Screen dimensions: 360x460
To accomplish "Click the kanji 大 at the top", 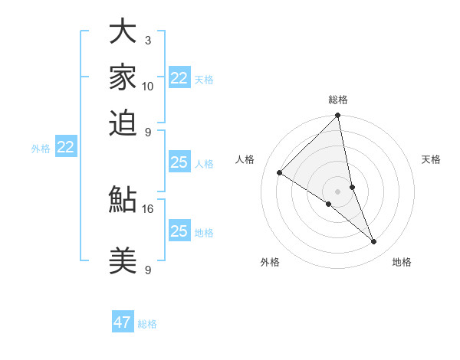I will [123, 32].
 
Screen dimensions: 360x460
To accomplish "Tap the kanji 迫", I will [123, 123].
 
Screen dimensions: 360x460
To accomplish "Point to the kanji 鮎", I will [123, 200].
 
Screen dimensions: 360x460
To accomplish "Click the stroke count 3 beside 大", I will [147, 40].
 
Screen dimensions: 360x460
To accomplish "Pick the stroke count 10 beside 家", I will [148, 86].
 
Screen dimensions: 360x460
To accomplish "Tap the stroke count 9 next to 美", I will [147, 270].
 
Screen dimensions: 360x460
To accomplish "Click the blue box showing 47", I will [123, 322].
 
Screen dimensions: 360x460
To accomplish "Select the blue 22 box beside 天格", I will [179, 78].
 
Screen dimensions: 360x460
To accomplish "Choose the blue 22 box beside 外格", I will [66, 148].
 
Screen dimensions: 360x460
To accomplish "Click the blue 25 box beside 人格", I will [179, 162].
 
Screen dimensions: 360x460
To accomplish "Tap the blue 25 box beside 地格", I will [179, 231].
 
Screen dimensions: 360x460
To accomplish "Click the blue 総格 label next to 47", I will [147, 324].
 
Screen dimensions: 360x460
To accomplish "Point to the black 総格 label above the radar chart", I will [338, 100].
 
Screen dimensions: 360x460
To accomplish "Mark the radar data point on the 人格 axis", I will [280, 173].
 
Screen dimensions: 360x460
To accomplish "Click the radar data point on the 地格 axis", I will [374, 242].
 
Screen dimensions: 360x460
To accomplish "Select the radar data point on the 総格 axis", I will [338, 116].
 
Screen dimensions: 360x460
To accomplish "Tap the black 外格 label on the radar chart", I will [270, 262].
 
